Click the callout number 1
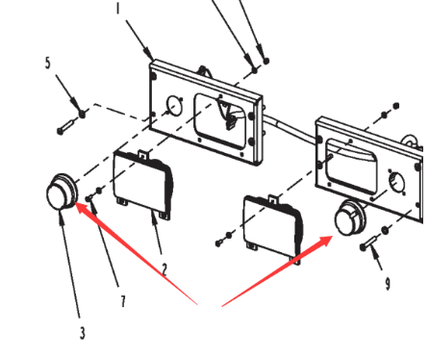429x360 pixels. (118, 7)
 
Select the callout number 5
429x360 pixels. (48, 63)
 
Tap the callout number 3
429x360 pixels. (83, 333)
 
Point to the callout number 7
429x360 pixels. (123, 301)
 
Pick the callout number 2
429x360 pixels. (164, 270)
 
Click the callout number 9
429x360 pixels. (388, 284)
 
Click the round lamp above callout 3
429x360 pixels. (62, 193)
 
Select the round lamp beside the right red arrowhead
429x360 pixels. (350, 218)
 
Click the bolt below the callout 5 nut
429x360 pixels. (67, 126)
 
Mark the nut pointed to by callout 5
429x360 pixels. (83, 114)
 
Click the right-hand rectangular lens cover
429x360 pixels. (273, 228)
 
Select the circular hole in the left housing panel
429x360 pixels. (174, 106)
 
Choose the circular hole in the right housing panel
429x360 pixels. (396, 182)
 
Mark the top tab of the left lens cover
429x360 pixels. (143, 154)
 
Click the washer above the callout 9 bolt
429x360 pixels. (385, 230)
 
